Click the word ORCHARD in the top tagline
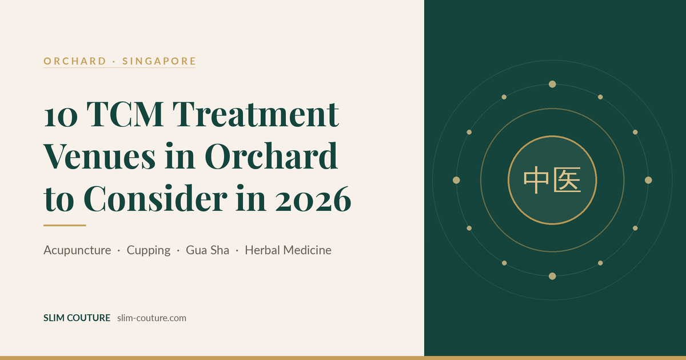pyautogui.click(x=75, y=61)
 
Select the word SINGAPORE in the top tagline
pyautogui.click(x=159, y=61)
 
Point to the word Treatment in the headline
pyautogui.click(x=256, y=114)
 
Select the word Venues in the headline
pyautogui.click(x=99, y=156)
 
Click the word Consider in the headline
pyautogui.click(x=155, y=198)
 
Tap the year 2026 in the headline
pyautogui.click(x=313, y=199)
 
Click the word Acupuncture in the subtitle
pyautogui.click(x=77, y=250)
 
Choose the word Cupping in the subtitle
pyautogui.click(x=149, y=251)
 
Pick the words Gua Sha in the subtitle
pyautogui.click(x=208, y=250)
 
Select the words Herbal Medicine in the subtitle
pyautogui.click(x=288, y=250)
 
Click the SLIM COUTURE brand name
pyautogui.click(x=77, y=318)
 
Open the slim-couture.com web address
pyautogui.click(x=151, y=318)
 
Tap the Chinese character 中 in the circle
pyautogui.click(x=536, y=180)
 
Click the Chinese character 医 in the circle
pyautogui.click(x=567, y=180)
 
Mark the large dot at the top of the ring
pyautogui.click(x=552, y=84)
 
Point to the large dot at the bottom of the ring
pyautogui.click(x=552, y=276)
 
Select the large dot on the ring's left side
pyautogui.click(x=456, y=180)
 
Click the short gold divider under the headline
pyautogui.click(x=65, y=225)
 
